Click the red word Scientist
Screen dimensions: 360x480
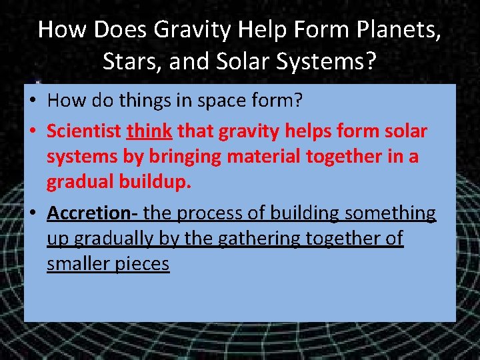click(x=84, y=131)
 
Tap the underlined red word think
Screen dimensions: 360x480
click(x=150, y=131)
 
